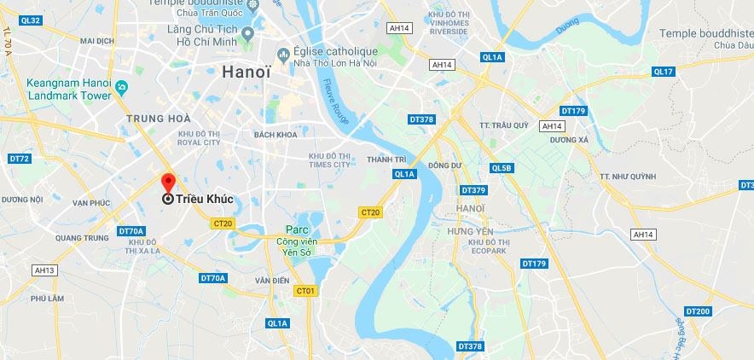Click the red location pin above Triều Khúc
[168, 183]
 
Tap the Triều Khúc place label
[204, 199]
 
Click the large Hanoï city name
[246, 73]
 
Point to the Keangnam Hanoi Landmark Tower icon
[121, 86]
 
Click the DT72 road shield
[20, 159]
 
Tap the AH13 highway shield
[44, 270]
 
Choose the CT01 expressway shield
[305, 291]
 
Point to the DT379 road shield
[473, 189]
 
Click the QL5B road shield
[502, 168]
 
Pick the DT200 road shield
[697, 311]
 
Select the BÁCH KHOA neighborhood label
[275, 135]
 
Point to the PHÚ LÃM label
[48, 299]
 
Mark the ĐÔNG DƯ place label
[444, 165]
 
